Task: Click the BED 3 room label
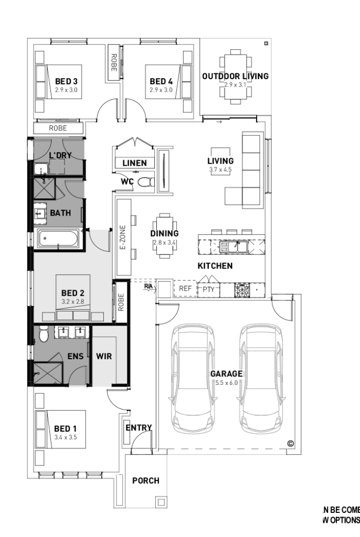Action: (66, 81)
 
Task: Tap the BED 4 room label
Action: (161, 81)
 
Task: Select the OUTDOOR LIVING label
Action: (235, 76)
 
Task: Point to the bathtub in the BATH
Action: (58, 240)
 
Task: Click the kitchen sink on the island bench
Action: (231, 245)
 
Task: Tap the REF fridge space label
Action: (185, 288)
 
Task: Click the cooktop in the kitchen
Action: (241, 288)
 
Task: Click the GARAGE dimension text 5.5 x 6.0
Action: (227, 383)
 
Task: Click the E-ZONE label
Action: (123, 238)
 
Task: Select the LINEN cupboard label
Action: (134, 163)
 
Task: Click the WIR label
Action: (104, 356)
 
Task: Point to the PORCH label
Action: (145, 480)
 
